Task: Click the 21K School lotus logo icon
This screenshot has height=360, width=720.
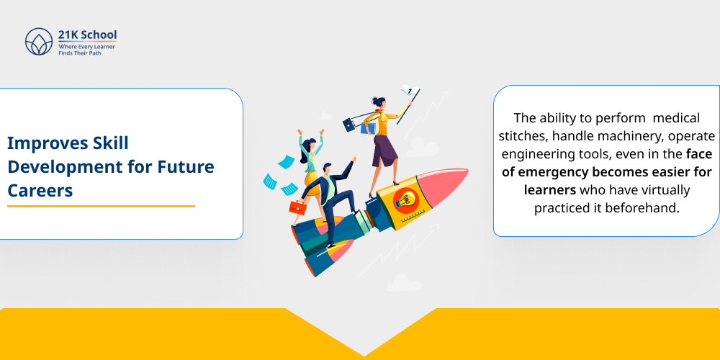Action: [39, 42]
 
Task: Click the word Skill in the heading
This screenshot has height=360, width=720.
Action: [109, 143]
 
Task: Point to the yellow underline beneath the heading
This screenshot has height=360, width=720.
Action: [101, 207]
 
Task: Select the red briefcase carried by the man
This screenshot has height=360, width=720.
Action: [297, 207]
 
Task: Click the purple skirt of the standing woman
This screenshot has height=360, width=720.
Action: [384, 149]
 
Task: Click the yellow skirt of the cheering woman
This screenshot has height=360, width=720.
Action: [312, 176]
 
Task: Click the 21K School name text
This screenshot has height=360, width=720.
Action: [87, 35]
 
